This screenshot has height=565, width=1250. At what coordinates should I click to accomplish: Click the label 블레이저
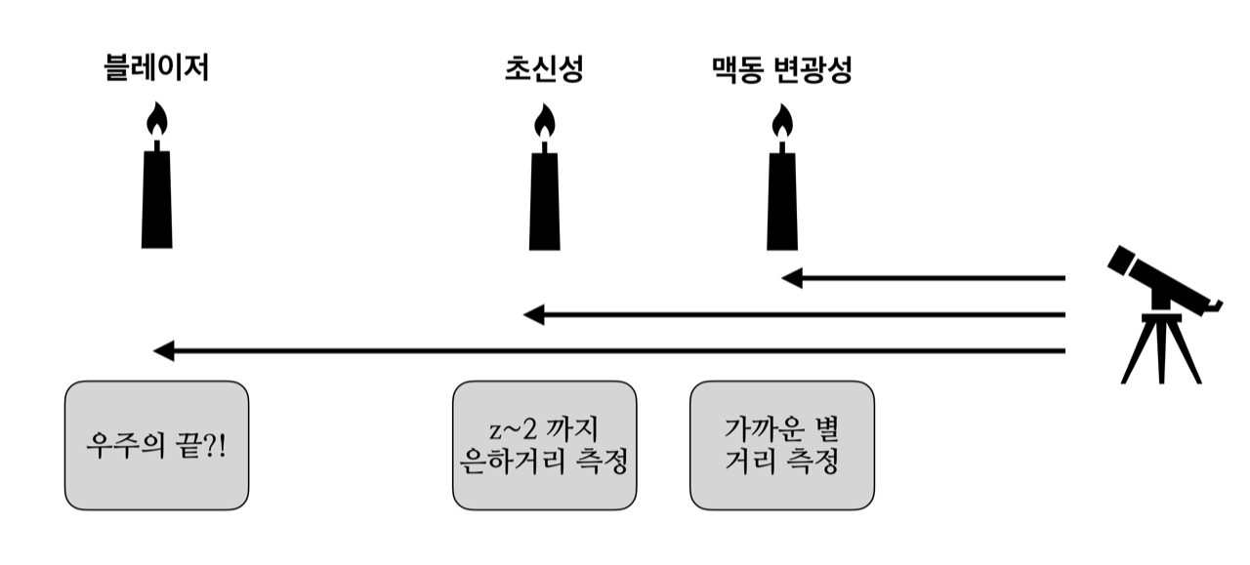156,69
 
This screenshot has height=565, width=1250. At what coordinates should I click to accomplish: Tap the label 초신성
544,69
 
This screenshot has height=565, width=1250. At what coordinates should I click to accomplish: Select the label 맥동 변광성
781,69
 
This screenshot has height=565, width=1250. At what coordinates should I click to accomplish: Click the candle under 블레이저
156,195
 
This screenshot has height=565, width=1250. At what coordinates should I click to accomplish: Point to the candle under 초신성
544,200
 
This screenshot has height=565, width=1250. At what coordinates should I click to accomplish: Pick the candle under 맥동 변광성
780,200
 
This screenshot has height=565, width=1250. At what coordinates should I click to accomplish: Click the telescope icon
1162,312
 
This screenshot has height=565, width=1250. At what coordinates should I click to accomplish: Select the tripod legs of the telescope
1161,351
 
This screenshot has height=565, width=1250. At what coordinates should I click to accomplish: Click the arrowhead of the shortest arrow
792,278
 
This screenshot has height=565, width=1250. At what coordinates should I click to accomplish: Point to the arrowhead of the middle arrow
533,314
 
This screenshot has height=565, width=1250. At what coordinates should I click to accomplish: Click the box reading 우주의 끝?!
156,445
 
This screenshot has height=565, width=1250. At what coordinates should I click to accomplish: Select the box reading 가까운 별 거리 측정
782,445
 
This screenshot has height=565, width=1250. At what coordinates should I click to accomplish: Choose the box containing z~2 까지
544,445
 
